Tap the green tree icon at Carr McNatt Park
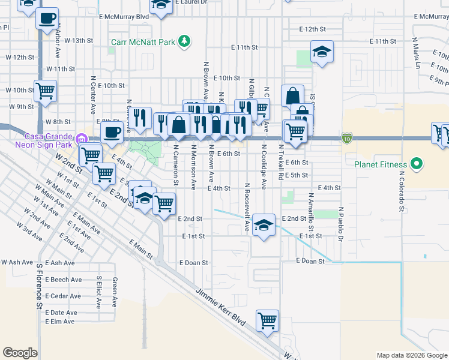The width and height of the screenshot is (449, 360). click(x=185, y=41)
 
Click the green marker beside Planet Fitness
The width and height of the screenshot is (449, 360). click(x=415, y=164)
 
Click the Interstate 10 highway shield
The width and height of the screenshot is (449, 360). click(x=348, y=139)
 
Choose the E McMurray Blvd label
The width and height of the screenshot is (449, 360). click(x=120, y=17)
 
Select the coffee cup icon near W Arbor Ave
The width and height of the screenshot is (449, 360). click(x=47, y=19)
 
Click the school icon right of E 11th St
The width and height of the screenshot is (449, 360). click(x=322, y=52)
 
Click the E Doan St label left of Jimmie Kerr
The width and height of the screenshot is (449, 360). click(x=193, y=263)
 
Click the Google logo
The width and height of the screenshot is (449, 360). click(x=20, y=353)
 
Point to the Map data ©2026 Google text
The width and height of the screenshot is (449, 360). click(x=411, y=355)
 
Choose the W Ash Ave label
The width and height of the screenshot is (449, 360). click(x=15, y=262)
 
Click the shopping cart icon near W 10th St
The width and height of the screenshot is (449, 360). click(x=46, y=91)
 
